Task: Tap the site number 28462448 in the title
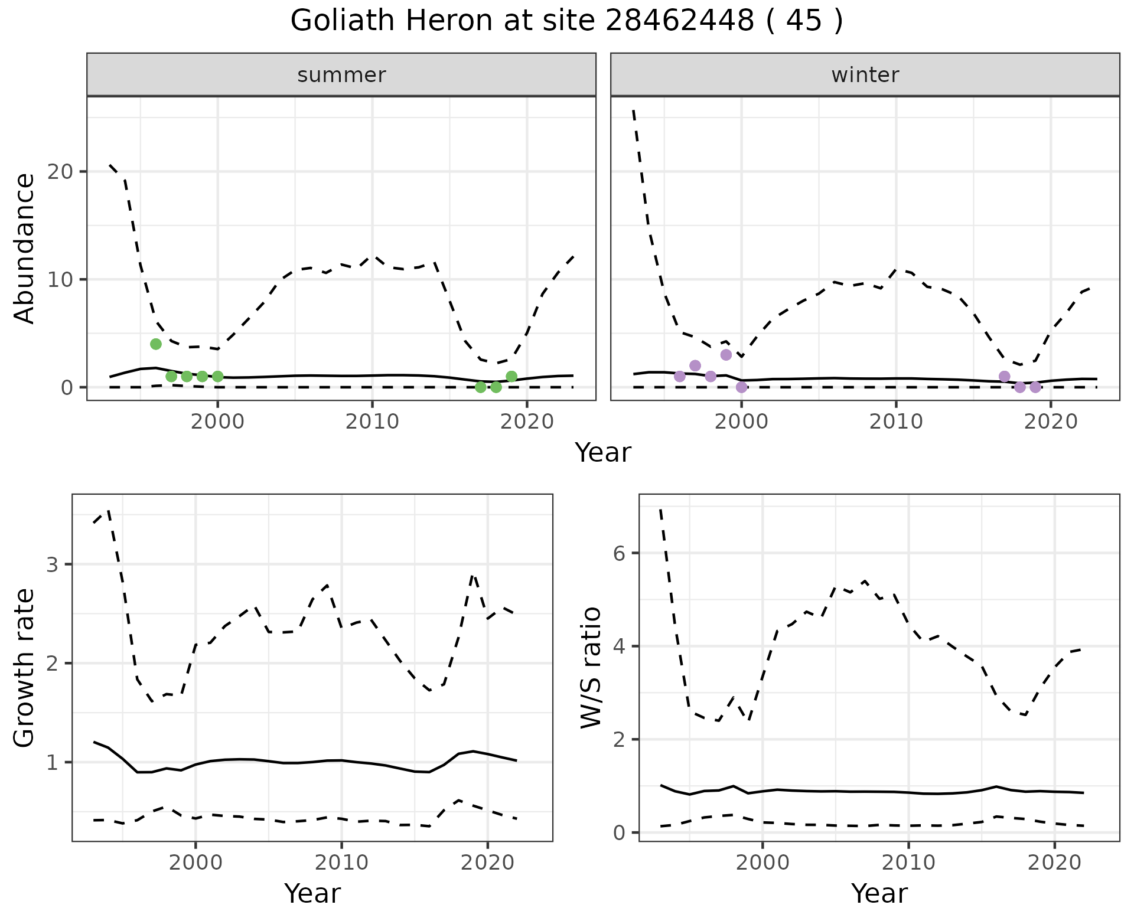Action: tap(679, 21)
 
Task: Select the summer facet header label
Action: tap(341, 75)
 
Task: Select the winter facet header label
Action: tap(865, 75)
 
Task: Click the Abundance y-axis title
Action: tap(25, 249)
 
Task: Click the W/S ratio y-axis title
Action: tap(591, 668)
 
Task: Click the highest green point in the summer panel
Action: tap(156, 344)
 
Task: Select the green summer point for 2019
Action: tap(511, 377)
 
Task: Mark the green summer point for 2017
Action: tap(481, 387)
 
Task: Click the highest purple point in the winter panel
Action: tap(726, 355)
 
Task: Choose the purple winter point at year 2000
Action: tap(742, 387)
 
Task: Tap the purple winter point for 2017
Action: tap(1004, 377)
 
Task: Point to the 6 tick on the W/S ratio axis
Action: tap(620, 553)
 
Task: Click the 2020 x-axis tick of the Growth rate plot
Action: tap(487, 863)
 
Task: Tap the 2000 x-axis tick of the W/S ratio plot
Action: tap(762, 863)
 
